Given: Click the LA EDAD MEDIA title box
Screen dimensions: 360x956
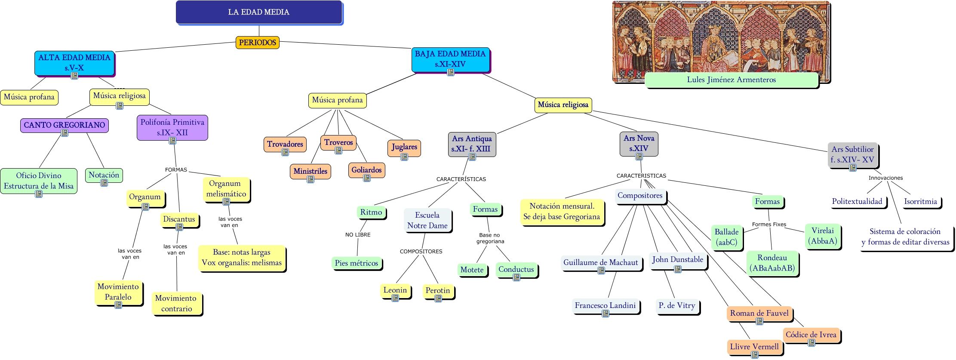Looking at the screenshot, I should [x=258, y=12].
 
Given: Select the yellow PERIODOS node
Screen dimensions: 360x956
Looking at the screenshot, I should [x=257, y=43].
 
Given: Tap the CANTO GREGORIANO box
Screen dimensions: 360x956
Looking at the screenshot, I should [x=64, y=125].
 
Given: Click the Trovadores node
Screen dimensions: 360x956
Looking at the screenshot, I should [x=285, y=144].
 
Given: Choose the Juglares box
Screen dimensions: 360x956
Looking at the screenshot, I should [x=404, y=147].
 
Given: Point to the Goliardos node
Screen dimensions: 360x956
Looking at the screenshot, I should [x=366, y=170].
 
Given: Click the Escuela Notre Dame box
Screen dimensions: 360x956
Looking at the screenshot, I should [x=427, y=220].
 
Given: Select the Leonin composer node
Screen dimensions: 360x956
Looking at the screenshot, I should [x=395, y=290].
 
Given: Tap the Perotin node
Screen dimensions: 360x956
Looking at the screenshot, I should [x=437, y=291].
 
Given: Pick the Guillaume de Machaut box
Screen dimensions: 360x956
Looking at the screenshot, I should [x=600, y=262].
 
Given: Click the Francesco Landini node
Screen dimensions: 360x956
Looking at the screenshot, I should [x=605, y=305].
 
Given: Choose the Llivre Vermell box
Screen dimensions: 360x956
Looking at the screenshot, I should [x=754, y=347].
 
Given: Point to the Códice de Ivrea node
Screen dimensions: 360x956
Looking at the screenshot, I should [x=811, y=335].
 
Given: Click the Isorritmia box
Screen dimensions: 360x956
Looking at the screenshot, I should [x=920, y=201].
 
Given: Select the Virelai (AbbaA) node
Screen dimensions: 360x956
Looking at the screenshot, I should [x=822, y=236].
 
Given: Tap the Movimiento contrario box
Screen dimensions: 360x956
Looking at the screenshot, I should [x=176, y=303].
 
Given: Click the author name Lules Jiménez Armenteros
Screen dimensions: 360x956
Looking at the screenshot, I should [x=731, y=80].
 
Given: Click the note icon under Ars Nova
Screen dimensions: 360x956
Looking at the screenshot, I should [x=639, y=157].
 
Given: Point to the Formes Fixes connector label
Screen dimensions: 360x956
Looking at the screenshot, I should [x=769, y=225].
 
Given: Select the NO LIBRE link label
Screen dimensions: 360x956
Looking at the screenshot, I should [x=357, y=235].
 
